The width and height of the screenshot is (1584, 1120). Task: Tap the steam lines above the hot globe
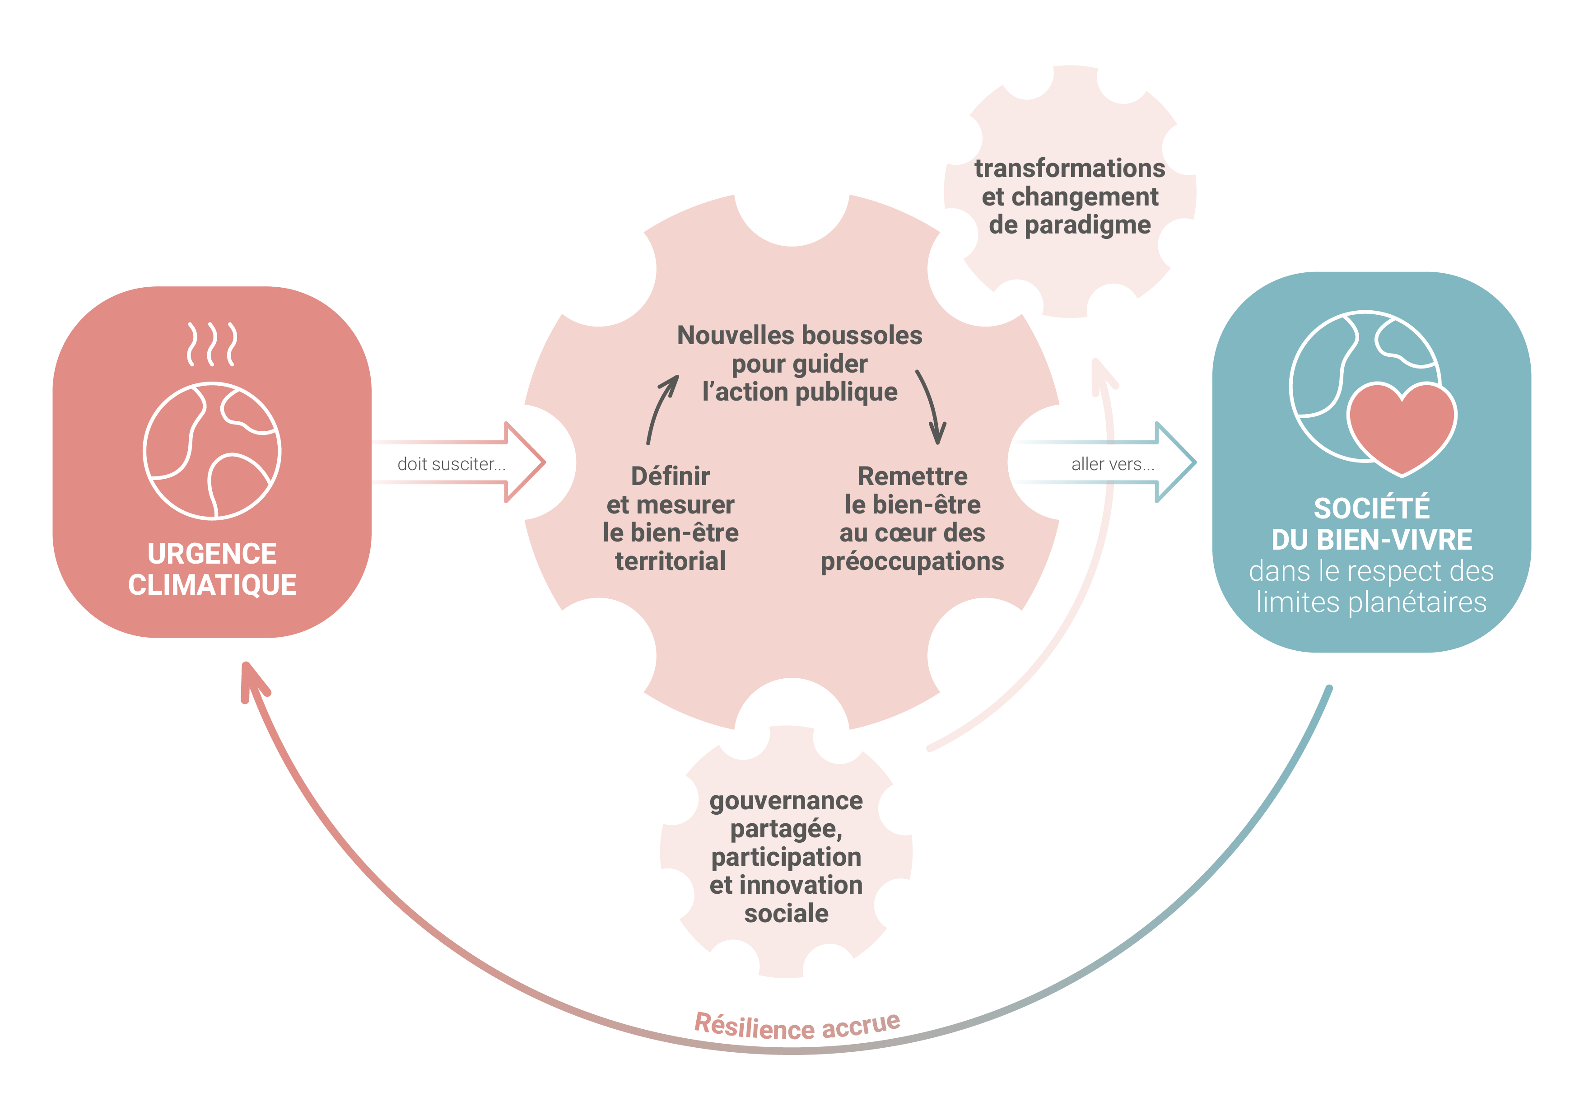pos(212,344)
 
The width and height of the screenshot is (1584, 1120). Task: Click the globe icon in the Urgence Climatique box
pos(212,451)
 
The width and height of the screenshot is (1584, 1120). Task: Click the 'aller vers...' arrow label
pos(1112,464)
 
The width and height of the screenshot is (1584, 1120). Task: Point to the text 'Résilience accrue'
pos(797,1026)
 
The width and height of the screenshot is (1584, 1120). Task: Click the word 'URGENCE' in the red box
pos(212,553)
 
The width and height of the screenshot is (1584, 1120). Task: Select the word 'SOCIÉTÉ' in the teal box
pos(1371,509)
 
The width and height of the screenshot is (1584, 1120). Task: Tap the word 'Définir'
pos(670,476)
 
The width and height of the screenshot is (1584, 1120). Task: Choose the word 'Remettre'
pos(912,476)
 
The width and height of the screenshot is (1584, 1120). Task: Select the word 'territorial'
pos(670,561)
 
